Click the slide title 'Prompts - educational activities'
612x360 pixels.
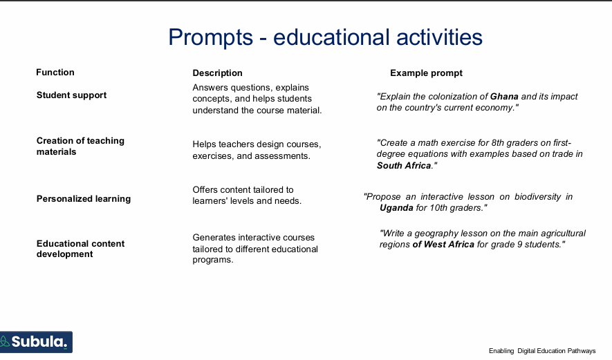[325, 37]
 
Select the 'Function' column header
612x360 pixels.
[55, 73]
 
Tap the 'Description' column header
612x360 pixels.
[217, 73]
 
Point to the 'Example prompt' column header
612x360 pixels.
[426, 73]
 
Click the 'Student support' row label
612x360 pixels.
[71, 95]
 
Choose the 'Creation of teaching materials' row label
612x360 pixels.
[80, 146]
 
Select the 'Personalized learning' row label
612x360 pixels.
[84, 199]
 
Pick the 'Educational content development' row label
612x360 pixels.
[80, 249]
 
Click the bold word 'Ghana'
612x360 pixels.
[504, 97]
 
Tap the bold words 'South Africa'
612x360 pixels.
[404, 166]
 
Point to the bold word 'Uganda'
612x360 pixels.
[396, 208]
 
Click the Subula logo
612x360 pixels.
[36, 342]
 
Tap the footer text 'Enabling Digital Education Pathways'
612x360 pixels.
[541, 351]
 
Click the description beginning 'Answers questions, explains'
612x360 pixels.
[257, 99]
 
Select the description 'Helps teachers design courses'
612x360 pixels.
[257, 150]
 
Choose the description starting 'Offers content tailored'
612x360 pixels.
[246, 195]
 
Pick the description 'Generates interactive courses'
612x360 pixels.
[254, 249]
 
